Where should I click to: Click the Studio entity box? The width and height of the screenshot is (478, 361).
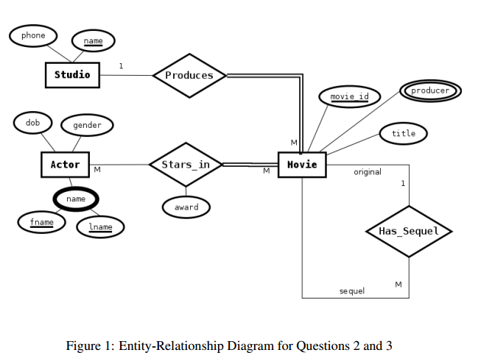point(72,75)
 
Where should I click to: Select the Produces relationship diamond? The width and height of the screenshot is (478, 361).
point(189,76)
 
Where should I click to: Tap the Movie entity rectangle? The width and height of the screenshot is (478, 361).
point(302,164)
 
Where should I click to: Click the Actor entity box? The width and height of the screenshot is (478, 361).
point(65,165)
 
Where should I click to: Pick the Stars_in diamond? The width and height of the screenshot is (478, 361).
point(186,165)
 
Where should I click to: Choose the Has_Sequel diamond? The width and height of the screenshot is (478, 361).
point(409,232)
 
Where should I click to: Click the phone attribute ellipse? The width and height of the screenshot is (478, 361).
point(33,35)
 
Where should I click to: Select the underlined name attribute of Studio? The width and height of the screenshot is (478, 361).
point(93,41)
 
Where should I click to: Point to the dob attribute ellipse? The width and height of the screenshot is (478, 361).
point(33,123)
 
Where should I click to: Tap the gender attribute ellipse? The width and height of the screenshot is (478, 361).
point(87,126)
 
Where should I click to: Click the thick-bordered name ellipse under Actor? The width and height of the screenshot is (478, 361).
point(76,199)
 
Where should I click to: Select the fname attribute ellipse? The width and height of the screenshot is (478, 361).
point(41,223)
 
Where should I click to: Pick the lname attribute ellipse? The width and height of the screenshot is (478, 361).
point(100,227)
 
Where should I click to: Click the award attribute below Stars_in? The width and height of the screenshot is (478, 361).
point(186,207)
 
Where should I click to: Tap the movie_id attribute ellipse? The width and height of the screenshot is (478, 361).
point(349,97)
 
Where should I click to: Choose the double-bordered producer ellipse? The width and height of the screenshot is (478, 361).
point(430,91)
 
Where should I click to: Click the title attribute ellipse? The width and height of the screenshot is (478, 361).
point(404,133)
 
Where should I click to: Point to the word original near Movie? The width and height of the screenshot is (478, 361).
point(368,172)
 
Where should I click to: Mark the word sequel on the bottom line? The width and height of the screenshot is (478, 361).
point(351,291)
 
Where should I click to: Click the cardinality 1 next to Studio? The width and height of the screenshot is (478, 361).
point(122,66)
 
